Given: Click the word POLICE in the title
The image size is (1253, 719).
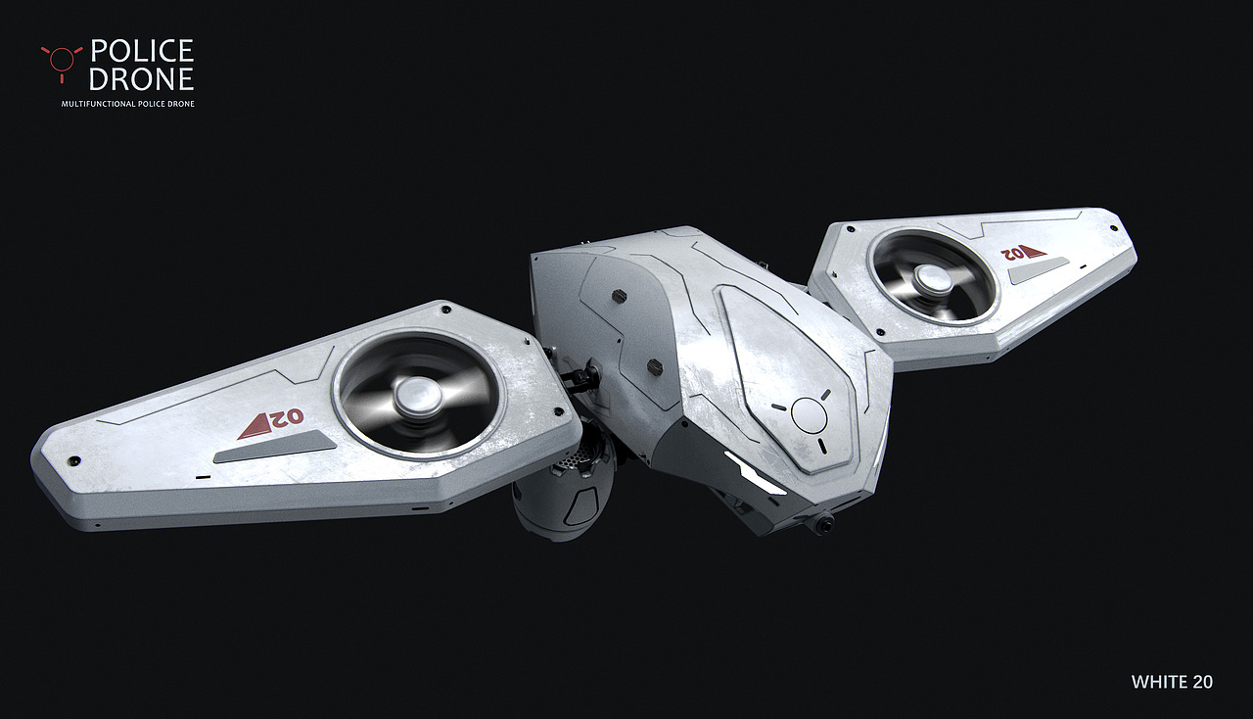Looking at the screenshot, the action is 142,50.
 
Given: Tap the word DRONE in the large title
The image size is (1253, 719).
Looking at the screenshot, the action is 142,79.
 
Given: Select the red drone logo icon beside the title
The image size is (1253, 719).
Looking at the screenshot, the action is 62,62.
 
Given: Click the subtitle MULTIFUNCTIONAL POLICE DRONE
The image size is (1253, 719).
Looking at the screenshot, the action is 128,104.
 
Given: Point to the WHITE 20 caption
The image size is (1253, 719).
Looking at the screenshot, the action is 1172,682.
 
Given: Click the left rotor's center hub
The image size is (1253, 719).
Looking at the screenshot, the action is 417,393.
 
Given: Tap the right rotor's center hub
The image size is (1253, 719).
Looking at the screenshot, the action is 933,278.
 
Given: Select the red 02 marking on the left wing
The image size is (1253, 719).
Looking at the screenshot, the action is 286,417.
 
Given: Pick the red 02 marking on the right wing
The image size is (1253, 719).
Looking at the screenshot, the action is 1011,254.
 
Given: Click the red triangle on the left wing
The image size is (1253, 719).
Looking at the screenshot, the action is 255,427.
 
